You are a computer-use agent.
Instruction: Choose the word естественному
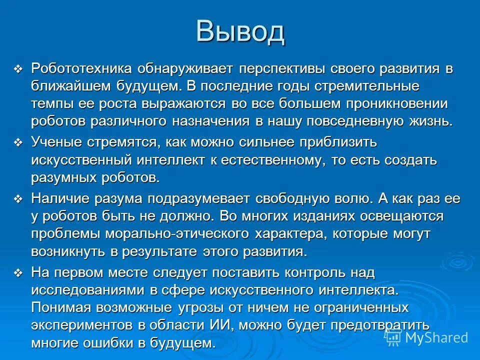(288, 160)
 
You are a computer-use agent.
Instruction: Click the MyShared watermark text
(436, 337)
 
